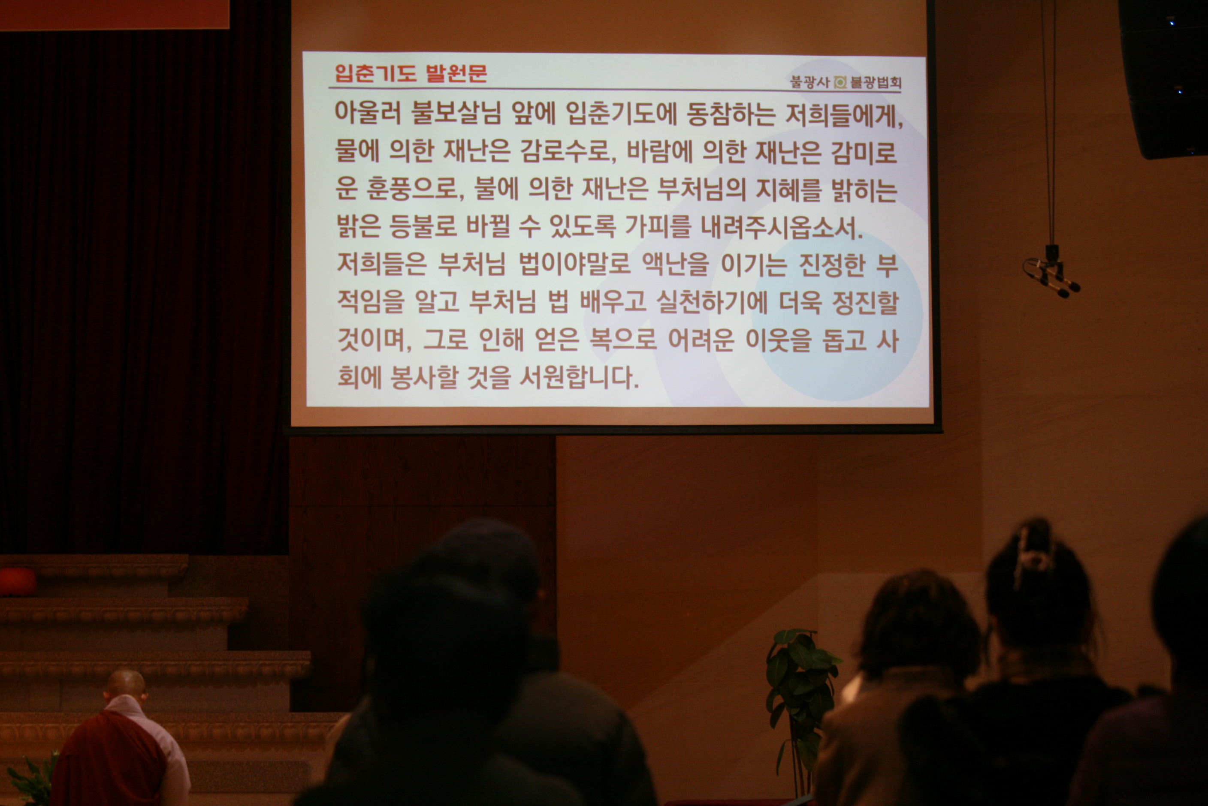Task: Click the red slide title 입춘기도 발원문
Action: click(411, 73)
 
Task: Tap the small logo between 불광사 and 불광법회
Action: click(840, 82)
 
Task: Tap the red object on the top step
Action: click(17, 581)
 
